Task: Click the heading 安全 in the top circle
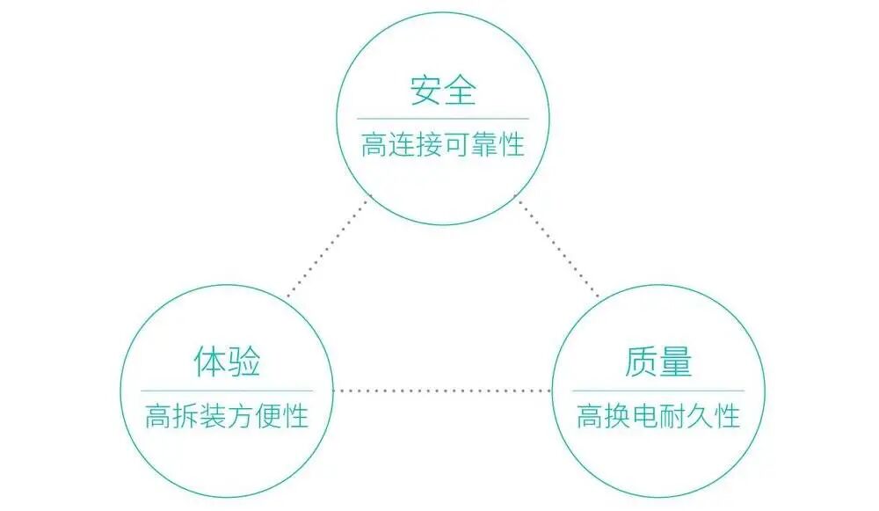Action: point(442,91)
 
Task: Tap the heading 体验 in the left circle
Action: point(227,362)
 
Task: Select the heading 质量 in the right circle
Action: point(658,362)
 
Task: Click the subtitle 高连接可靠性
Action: point(442,144)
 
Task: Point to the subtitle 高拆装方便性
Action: point(227,415)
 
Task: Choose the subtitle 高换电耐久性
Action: point(658,415)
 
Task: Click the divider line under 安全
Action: point(442,118)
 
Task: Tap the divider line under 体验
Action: point(227,391)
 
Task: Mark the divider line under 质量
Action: point(658,391)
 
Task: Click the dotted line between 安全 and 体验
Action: point(327,246)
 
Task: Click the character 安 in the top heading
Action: point(425,91)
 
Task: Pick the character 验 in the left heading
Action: point(244,362)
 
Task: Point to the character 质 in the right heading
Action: point(641,362)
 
